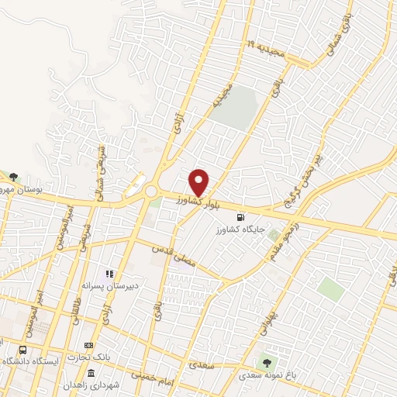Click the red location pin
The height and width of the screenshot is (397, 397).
tap(200, 182)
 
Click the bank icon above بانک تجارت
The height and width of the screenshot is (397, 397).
tap(88, 346)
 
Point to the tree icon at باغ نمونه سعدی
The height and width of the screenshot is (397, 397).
tap(268, 361)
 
